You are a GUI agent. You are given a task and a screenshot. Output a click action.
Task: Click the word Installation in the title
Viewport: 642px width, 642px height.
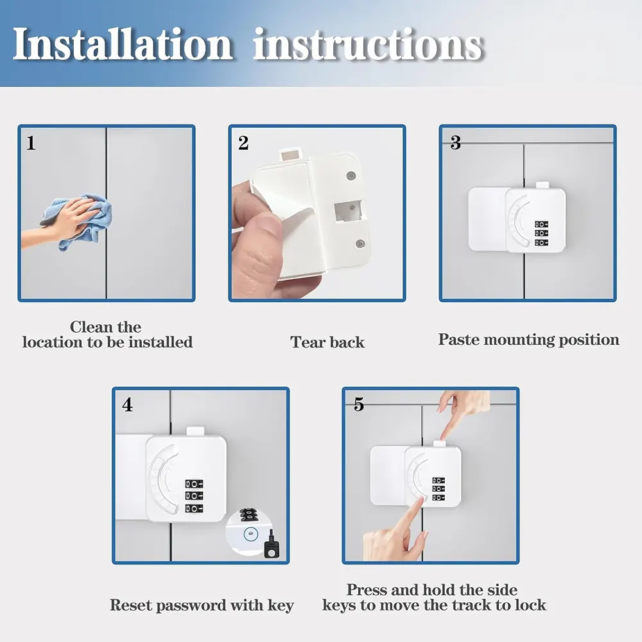pyautogui.click(x=122, y=44)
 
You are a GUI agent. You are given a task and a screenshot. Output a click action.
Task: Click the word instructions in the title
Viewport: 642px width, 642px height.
pyautogui.click(x=369, y=44)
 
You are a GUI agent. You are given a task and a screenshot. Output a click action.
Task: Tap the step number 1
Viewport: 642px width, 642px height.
pyautogui.click(x=31, y=143)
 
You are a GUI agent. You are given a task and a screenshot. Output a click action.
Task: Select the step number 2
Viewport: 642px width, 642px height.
pyautogui.click(x=243, y=143)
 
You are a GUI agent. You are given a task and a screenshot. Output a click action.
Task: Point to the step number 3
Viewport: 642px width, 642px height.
pyautogui.click(x=455, y=143)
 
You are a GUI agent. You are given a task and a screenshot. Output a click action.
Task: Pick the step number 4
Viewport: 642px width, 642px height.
pyautogui.click(x=127, y=405)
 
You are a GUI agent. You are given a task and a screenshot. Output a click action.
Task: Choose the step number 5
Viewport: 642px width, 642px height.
pyautogui.click(x=359, y=404)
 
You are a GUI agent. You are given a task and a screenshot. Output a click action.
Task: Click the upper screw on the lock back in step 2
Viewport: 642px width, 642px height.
pyautogui.click(x=351, y=176)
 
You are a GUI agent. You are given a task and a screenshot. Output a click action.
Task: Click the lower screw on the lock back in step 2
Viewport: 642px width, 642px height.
pyautogui.click(x=360, y=244)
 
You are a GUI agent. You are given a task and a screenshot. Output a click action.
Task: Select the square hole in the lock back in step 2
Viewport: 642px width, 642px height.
pyautogui.click(x=348, y=211)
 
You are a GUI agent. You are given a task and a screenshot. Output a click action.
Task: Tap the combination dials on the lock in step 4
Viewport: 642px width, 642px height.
pyautogui.click(x=194, y=496)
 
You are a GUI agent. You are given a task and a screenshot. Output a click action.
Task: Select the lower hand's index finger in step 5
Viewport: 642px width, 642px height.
pyautogui.click(x=412, y=516)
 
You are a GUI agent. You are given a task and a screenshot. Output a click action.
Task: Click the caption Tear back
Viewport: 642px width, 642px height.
pyautogui.click(x=327, y=342)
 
